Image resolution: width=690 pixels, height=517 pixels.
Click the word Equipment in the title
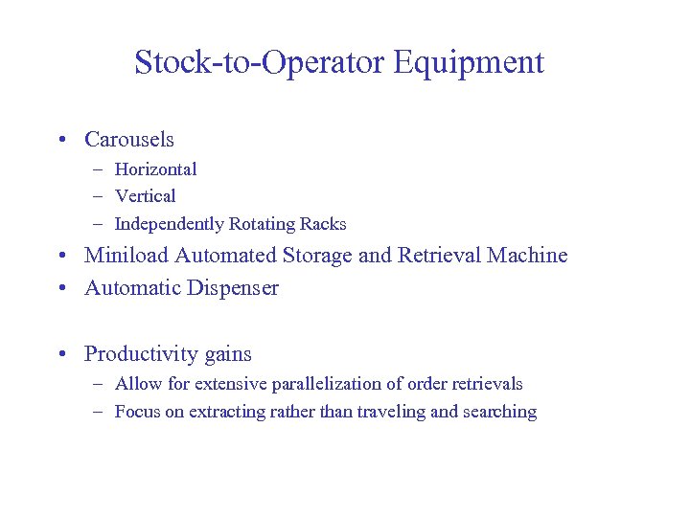[469, 63]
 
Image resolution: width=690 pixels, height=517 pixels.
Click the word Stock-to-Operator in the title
[259, 63]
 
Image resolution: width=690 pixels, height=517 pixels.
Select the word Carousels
[129, 140]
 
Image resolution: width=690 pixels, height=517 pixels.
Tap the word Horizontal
[155, 169]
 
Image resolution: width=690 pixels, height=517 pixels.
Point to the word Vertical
[145, 196]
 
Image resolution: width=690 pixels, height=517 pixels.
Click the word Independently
[170, 224]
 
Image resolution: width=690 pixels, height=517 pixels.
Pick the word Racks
[323, 224]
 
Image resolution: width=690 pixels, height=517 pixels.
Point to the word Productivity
[140, 354]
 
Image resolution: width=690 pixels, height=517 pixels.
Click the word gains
[227, 354]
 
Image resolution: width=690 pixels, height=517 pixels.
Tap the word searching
[500, 413]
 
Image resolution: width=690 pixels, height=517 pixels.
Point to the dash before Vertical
[100, 196]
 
